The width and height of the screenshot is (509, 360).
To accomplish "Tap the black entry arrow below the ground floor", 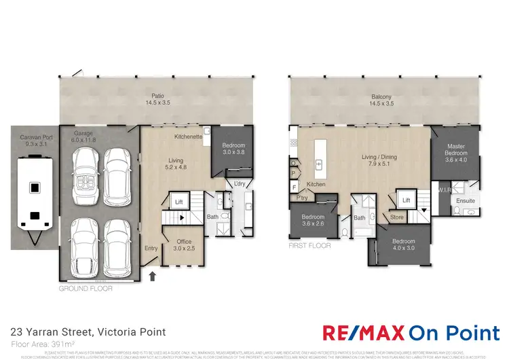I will [x=153, y=276].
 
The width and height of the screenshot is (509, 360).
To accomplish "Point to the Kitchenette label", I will [x=188, y=137].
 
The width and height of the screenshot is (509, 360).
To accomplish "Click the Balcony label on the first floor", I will [x=382, y=99].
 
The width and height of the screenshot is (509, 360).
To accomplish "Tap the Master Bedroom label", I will [x=455, y=153].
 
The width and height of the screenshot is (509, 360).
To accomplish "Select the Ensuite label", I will [x=465, y=201].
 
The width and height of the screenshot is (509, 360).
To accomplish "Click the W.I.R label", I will [x=445, y=190].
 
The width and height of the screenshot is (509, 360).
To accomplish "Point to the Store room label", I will [x=397, y=217].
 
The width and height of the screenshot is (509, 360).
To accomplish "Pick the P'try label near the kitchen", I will [x=302, y=198].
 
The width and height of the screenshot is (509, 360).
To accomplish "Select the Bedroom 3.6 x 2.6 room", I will [x=314, y=221].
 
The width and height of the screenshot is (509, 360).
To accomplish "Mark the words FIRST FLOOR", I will [x=309, y=246].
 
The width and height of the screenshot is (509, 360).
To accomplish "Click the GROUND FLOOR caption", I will [x=86, y=288].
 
